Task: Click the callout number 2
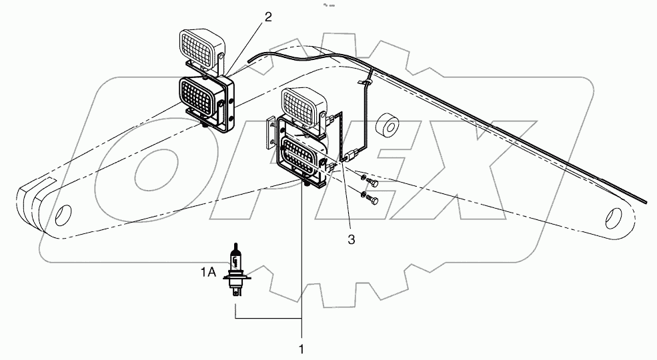tap(268, 17)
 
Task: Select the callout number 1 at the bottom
tap(301, 349)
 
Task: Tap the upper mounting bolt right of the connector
tap(372, 182)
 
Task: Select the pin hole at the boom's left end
tap(62, 216)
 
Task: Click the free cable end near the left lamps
tap(248, 61)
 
